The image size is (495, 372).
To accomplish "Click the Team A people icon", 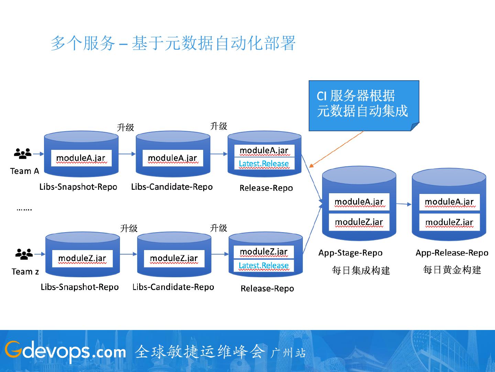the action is coord(23,154).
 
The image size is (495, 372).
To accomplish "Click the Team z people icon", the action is coord(24,254).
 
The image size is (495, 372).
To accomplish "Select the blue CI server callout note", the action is coord(364,106).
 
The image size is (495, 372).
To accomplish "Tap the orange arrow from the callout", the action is coord(336,149).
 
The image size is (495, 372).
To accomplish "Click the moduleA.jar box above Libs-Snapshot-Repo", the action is coord(81,158).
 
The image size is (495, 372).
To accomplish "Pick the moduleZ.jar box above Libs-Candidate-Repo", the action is coord(174,259).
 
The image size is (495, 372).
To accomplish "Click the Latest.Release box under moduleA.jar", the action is coord(264,164).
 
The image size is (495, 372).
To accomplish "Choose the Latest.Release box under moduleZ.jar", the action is coord(264,266).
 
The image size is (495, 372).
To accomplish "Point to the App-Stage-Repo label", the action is coord(350,253).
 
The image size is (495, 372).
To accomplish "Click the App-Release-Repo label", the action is coord(452,253).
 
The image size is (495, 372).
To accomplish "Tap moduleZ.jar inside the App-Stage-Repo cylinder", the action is coord(359,222).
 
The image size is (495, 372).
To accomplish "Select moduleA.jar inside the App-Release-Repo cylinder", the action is coord(449,202).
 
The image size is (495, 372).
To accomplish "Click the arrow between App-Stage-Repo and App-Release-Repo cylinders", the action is coord(404,204).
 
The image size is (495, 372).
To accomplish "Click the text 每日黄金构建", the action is coord(452,270).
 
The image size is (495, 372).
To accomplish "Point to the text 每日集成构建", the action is coord(361,270).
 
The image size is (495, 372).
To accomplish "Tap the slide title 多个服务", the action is coord(83,43).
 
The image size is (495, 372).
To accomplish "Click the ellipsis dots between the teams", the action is coord(24,210).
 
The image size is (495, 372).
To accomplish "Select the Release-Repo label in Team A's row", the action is coord(266,188).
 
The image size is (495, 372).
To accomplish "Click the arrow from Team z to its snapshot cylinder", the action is coord(40,254).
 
